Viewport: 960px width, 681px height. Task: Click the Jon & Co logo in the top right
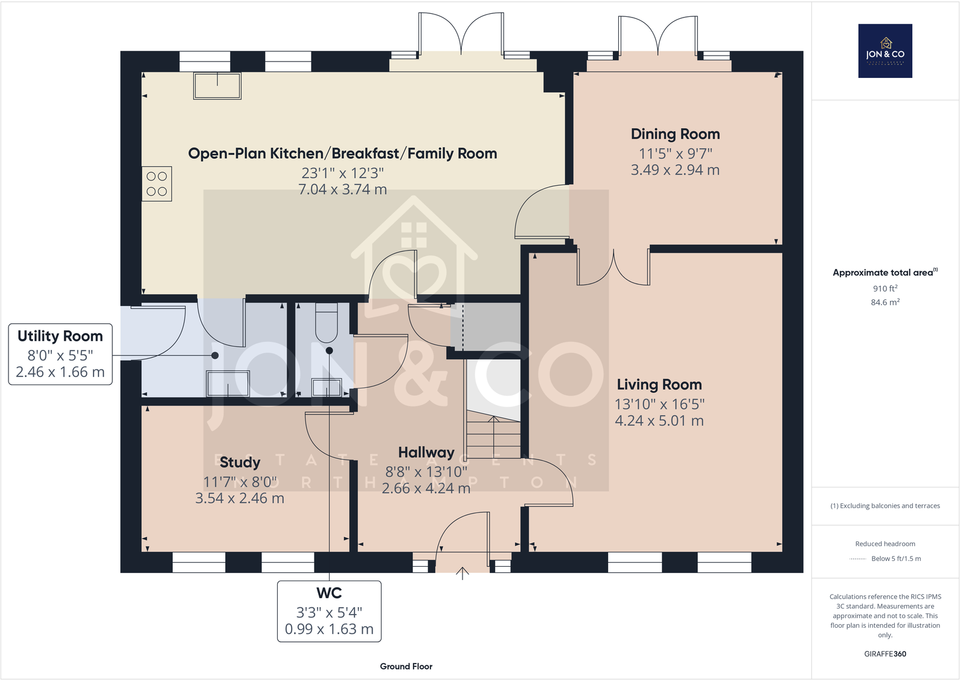click(x=885, y=51)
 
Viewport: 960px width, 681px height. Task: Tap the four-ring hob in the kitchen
click(x=157, y=184)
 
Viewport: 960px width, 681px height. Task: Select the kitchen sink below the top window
click(x=217, y=86)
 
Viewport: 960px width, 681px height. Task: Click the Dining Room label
click(x=675, y=134)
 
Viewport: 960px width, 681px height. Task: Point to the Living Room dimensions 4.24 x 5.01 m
click(x=659, y=421)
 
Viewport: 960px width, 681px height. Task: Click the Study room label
click(x=240, y=462)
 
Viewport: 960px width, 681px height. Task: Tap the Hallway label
click(x=426, y=453)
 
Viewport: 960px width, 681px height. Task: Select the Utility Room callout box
click(x=60, y=354)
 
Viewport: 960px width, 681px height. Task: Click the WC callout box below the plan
click(x=329, y=611)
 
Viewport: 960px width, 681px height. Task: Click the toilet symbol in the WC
click(x=327, y=323)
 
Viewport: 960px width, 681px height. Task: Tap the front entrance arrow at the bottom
click(x=462, y=573)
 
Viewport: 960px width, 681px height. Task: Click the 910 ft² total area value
click(x=885, y=288)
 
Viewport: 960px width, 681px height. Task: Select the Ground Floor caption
click(x=406, y=666)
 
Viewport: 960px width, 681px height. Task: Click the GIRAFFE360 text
click(x=885, y=654)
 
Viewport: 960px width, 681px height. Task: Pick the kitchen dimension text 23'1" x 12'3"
click(x=342, y=173)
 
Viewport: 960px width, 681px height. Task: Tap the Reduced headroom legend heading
click(x=885, y=544)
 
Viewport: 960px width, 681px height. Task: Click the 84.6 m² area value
click(x=885, y=302)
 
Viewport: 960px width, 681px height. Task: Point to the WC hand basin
click(x=327, y=387)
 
